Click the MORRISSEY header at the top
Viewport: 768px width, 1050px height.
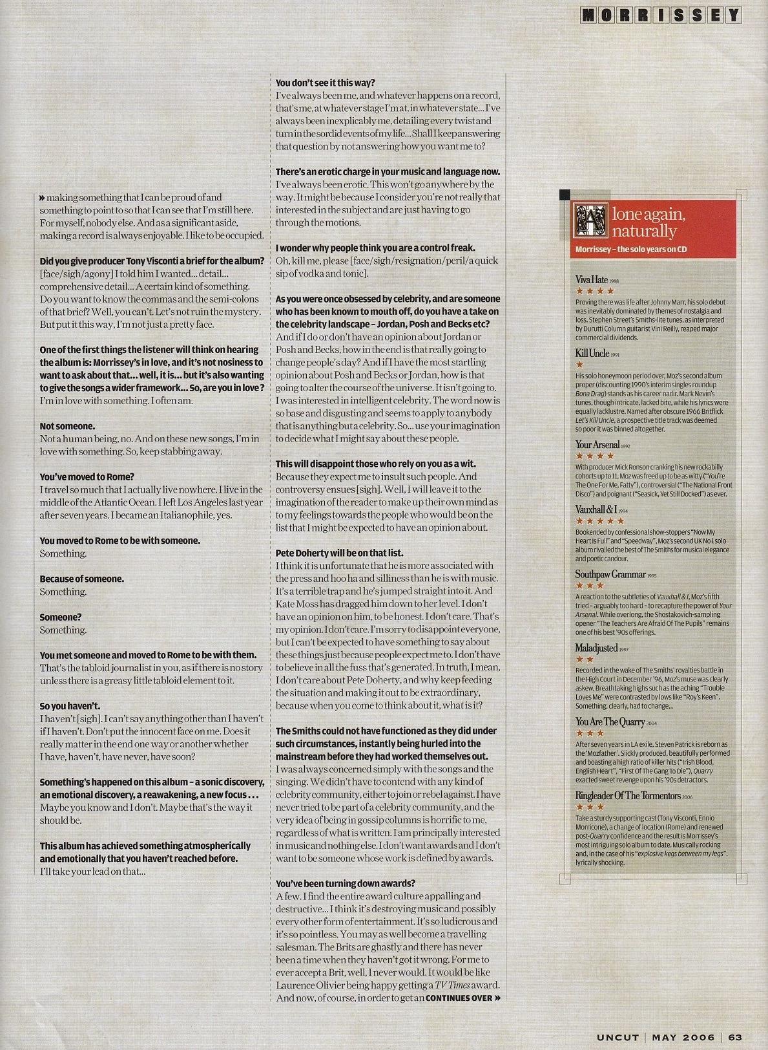pos(661,15)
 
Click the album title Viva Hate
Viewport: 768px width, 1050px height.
pos(592,279)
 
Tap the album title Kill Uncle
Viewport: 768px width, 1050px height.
pos(592,353)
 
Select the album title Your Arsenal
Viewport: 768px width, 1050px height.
pos(597,444)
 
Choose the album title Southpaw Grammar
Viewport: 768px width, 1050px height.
pos(610,574)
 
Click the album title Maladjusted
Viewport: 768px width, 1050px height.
pos(597,648)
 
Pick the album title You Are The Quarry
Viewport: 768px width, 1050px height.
pos(610,722)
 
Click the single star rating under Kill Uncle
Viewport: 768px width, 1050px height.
pos(579,365)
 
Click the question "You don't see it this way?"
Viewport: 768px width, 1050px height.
pos(325,83)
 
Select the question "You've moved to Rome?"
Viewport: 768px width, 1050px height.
pos(87,477)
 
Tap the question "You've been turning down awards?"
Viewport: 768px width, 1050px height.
pos(345,883)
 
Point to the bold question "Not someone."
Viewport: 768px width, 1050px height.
pos(67,426)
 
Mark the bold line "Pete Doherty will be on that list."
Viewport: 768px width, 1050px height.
pos(339,553)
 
